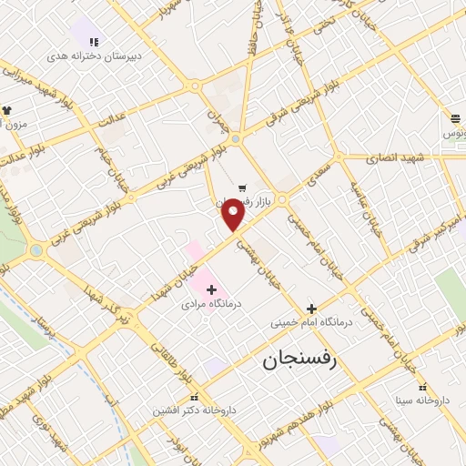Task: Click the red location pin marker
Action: point(234,214)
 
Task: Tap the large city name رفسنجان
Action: point(299,360)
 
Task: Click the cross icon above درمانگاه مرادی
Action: point(211,289)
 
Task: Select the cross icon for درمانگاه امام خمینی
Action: point(311,309)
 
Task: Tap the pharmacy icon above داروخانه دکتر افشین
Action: point(194,398)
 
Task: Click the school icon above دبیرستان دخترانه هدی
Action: point(94,41)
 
